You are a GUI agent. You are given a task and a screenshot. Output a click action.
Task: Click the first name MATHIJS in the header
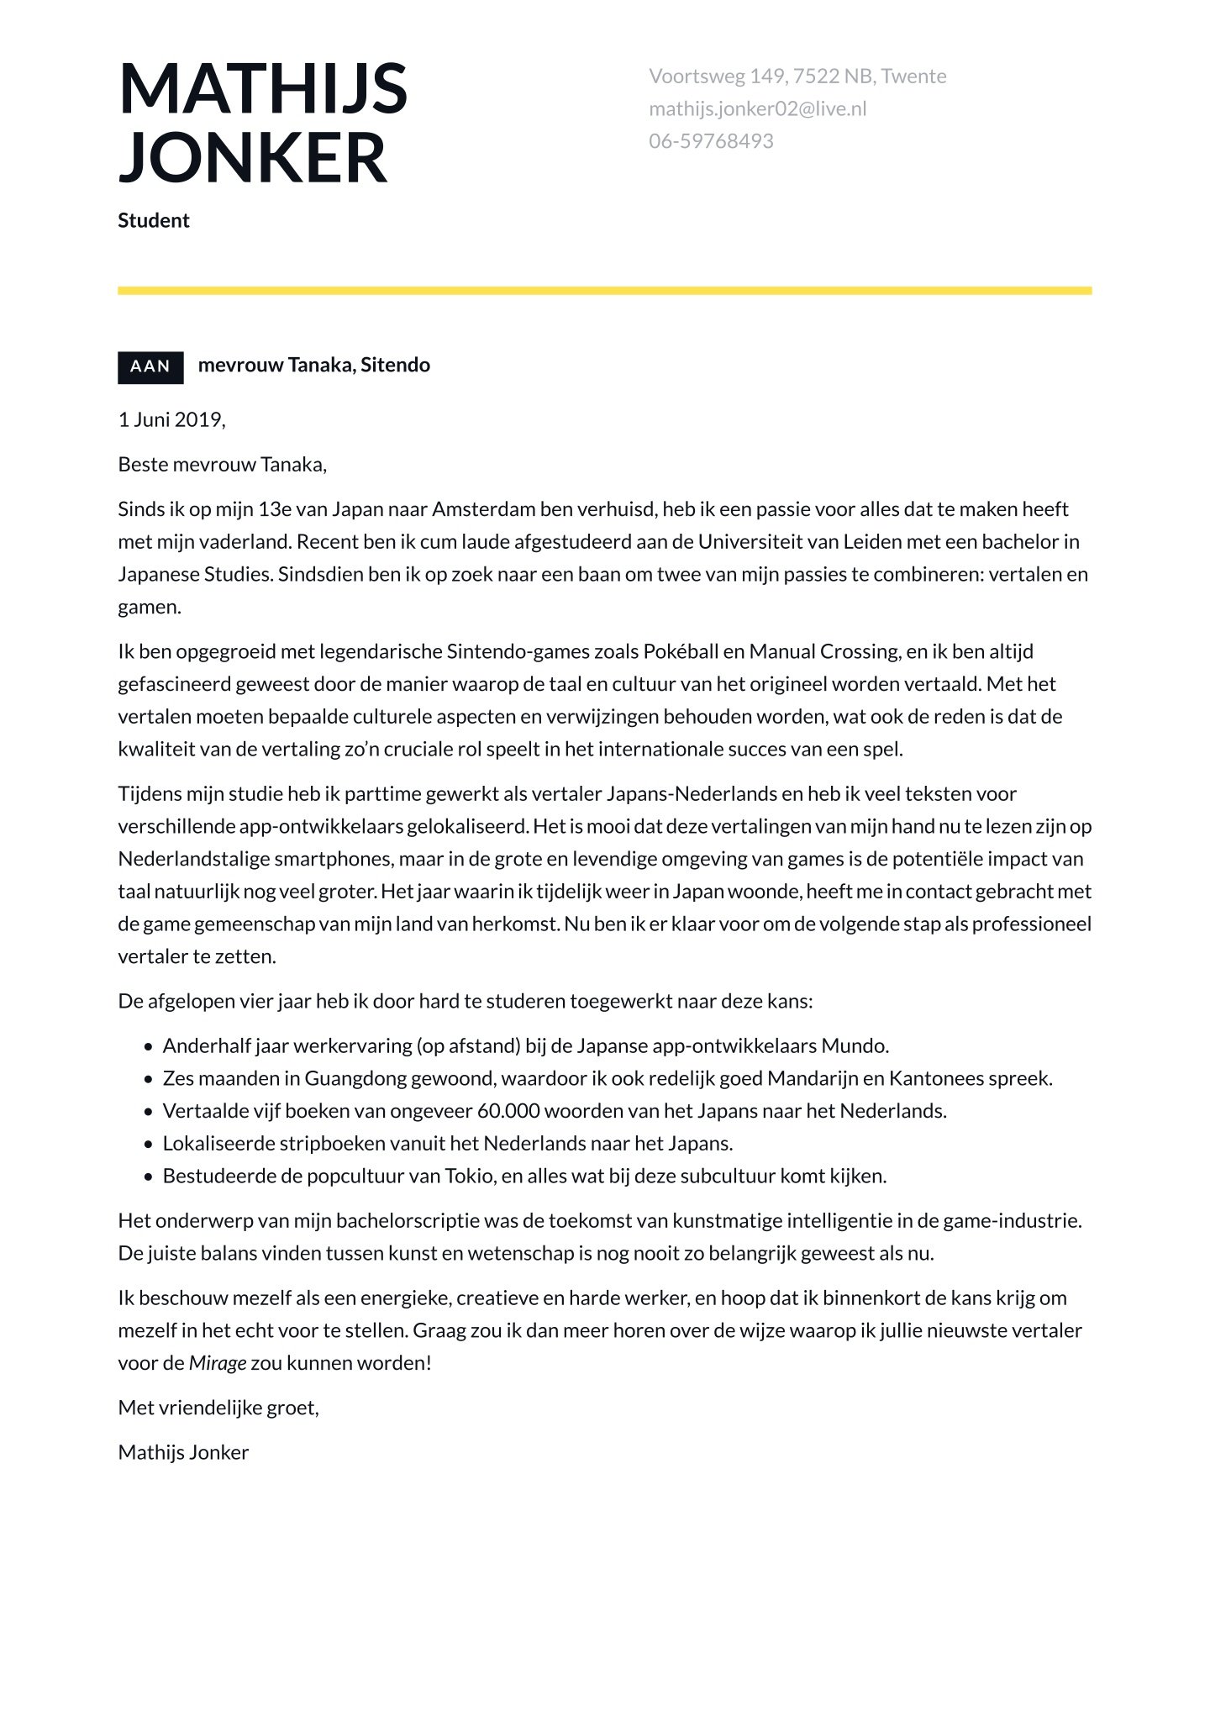pos(262,88)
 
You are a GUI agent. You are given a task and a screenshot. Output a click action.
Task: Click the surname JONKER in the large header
pos(252,157)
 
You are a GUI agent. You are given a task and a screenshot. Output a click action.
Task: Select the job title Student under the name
pos(154,220)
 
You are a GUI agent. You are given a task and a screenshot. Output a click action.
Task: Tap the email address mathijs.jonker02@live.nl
pos(757,108)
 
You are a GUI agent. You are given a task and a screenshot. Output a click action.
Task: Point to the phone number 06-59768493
pos(711,141)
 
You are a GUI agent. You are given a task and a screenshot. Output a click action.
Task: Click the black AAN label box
pos(150,366)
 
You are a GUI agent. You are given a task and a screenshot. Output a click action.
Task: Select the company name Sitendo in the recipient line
pos(395,365)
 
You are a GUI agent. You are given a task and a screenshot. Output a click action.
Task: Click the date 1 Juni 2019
pos(171,419)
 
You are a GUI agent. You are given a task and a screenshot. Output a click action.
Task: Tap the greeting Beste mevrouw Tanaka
pos(222,464)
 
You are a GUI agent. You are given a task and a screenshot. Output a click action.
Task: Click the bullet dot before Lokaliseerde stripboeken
pos(148,1145)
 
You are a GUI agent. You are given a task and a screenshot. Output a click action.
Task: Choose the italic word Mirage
pos(218,1363)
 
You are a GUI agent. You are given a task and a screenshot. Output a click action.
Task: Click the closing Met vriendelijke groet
pos(218,1408)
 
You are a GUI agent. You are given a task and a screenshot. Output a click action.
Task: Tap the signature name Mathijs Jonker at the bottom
pos(183,1452)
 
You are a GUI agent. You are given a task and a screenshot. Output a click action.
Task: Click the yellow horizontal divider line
pos(604,291)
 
